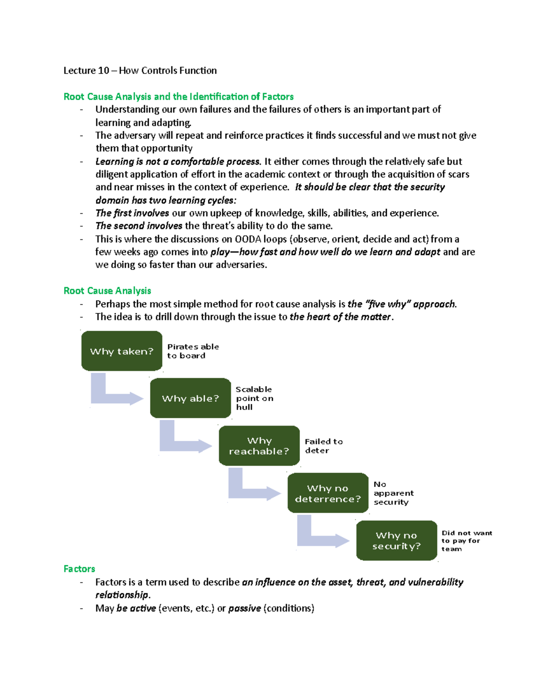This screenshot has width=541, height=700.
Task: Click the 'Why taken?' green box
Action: pos(122,351)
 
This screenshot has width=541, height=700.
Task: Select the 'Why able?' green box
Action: pos(190,398)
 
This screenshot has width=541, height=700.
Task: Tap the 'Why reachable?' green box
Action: pos(259,446)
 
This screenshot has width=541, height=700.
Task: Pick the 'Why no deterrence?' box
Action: pos(328,494)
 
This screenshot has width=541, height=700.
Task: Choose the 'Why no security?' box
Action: pos(397,541)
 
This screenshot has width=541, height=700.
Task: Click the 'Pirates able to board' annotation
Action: pos(193,351)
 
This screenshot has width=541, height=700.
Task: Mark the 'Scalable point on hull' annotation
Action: pos(254,398)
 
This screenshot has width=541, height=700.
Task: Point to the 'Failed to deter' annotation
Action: pos(323,446)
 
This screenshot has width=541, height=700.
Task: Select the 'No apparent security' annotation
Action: pos(393,493)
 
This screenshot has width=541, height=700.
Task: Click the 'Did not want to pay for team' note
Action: pos(466,541)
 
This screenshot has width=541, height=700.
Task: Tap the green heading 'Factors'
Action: pos(79,569)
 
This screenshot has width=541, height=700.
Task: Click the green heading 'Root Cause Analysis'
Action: pos(107,291)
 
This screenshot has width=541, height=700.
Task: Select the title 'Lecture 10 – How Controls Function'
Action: pos(140,70)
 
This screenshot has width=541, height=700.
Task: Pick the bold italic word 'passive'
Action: pos(244,608)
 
